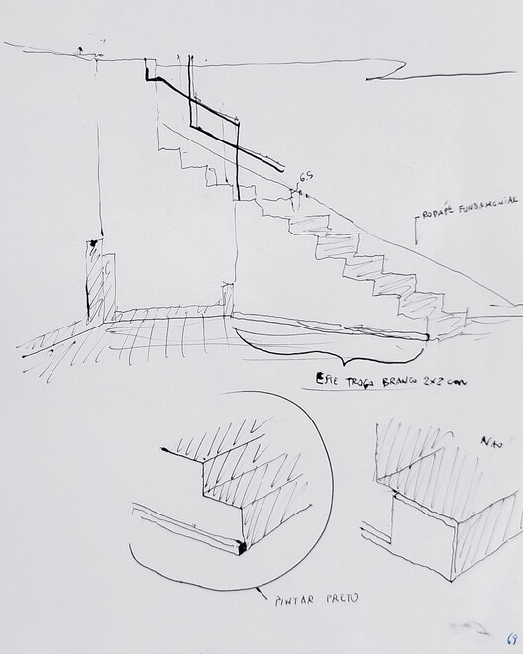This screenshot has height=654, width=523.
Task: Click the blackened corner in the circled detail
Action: point(241,545)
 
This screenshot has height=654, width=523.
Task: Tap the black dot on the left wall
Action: point(92,241)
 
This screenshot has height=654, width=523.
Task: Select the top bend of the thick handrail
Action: point(149,67)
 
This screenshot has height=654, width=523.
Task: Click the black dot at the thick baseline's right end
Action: point(427,337)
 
